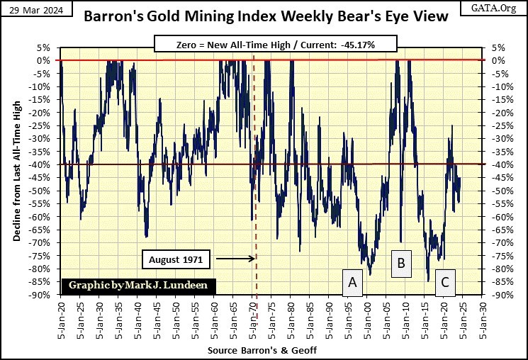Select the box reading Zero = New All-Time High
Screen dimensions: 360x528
coord(264,45)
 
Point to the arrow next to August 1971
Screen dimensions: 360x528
coord(233,259)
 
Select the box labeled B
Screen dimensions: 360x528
coord(400,264)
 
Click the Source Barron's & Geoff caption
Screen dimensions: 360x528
coord(262,351)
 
